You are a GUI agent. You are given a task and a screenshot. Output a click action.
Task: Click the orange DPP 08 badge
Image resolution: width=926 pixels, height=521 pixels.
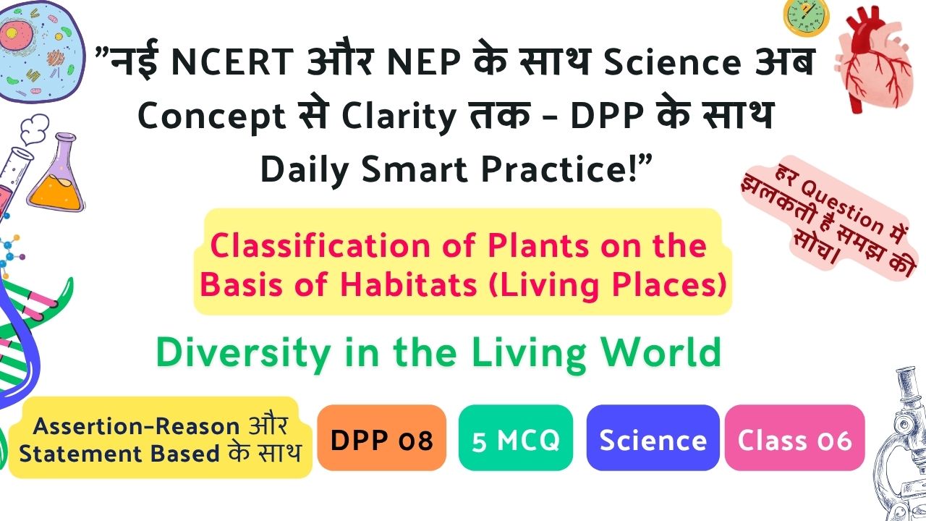tap(381, 438)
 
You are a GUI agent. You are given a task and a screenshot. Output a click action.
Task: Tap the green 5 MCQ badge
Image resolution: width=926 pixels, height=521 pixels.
tap(516, 438)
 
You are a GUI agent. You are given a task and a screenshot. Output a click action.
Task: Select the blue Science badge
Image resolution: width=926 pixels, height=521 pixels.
tap(653, 438)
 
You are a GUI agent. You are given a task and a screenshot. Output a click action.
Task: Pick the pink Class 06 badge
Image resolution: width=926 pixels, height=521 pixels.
tap(794, 438)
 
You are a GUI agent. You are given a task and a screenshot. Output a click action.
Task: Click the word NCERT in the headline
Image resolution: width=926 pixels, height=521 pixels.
tap(232, 62)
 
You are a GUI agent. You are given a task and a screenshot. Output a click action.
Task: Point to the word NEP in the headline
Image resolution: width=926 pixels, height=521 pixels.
tap(424, 62)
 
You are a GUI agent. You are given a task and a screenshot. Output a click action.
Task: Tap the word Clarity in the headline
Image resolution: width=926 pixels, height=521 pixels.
tap(399, 117)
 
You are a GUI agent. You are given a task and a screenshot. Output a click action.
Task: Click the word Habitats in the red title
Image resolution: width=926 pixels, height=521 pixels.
tap(409, 284)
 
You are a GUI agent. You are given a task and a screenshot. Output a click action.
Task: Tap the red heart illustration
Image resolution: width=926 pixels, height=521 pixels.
tap(875, 62)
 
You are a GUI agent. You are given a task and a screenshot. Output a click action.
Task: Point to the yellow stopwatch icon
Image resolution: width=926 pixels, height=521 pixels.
tap(806, 17)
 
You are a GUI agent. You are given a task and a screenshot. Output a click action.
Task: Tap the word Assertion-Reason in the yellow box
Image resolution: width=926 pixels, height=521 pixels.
tap(136, 426)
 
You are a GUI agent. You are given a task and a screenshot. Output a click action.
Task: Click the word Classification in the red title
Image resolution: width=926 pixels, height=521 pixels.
tap(320, 245)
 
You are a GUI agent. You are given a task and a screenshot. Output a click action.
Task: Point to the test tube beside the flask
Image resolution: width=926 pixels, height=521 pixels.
tap(12, 182)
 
